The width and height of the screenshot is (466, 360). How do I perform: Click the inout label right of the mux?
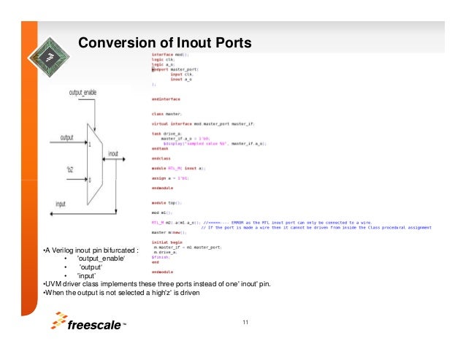(x=113, y=153)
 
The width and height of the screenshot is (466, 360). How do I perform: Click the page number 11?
(x=245, y=322)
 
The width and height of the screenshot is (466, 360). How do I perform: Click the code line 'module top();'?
(x=167, y=202)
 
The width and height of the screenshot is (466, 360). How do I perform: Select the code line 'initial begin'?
(x=165, y=242)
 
